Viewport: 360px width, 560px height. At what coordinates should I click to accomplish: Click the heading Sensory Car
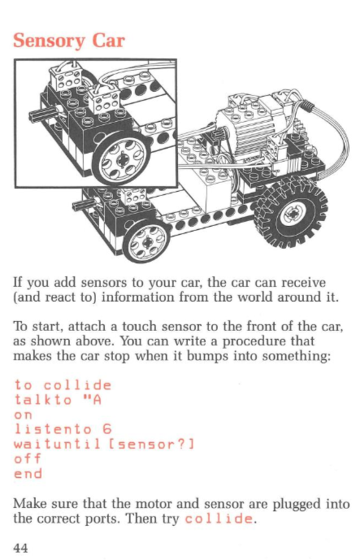pos(69,41)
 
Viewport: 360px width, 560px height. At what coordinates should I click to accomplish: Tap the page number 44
pos(20,547)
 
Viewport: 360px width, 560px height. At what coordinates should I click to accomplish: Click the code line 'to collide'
pos(63,385)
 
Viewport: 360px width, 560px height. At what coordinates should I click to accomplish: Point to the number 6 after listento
pos(107,429)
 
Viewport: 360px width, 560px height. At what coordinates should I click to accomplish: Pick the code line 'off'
pos(28,458)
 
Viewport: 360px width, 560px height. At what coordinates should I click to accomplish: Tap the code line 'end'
pos(28,474)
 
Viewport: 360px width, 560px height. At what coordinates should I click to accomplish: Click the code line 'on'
pos(24,415)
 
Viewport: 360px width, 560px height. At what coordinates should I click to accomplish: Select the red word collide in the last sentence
pos(219,519)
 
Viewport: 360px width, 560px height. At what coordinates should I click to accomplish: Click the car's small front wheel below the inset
pos(146,242)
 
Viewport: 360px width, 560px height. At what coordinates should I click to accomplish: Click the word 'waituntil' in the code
pos(58,444)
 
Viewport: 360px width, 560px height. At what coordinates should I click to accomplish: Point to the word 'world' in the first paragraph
pos(256,297)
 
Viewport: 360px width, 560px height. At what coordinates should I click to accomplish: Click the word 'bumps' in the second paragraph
pos(207,357)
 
